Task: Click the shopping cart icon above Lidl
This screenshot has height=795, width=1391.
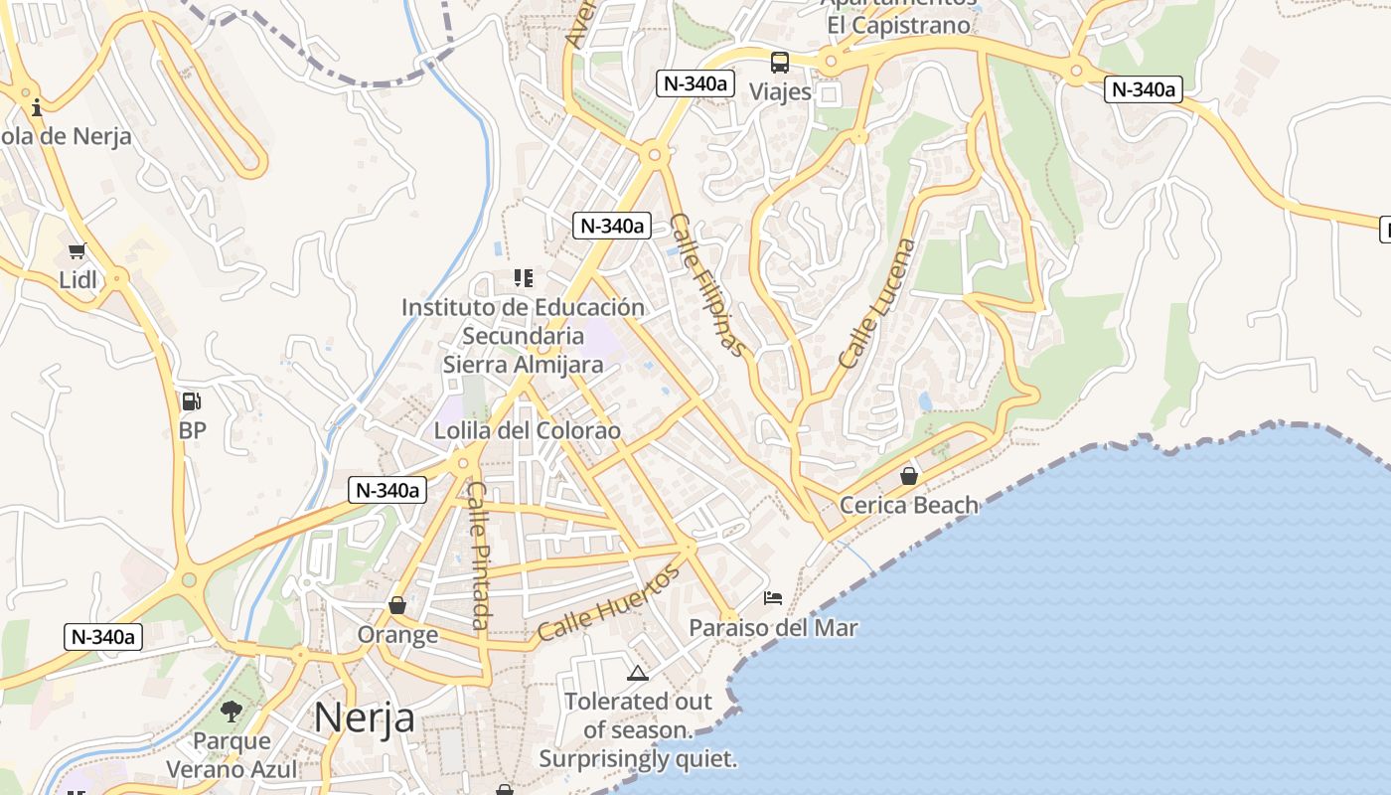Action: coord(77,250)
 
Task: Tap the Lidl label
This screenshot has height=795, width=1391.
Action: coord(78,280)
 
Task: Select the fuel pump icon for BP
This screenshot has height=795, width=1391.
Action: coord(191,401)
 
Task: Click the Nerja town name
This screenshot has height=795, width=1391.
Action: coord(364,716)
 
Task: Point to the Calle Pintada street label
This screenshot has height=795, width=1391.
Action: coord(479,556)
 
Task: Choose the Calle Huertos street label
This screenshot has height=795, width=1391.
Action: coord(609,602)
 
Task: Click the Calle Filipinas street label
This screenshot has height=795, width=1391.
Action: coord(706,284)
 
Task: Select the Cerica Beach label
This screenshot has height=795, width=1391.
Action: coord(909,505)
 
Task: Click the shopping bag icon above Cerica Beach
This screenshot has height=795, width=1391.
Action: coord(908,477)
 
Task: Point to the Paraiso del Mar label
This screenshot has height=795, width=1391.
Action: coord(773,628)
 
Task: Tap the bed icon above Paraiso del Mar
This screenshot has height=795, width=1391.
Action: coord(773,597)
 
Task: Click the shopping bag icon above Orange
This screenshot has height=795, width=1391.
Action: coord(397,605)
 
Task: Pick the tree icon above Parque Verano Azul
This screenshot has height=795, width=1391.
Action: coord(232,711)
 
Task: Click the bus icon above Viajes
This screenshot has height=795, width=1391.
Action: coord(780,63)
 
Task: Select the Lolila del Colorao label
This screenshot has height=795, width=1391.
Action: coord(527,431)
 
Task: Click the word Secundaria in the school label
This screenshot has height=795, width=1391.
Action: coord(523,336)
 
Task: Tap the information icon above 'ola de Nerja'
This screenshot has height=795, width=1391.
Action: coord(37,107)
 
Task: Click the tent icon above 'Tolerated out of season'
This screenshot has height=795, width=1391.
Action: coord(638,673)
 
